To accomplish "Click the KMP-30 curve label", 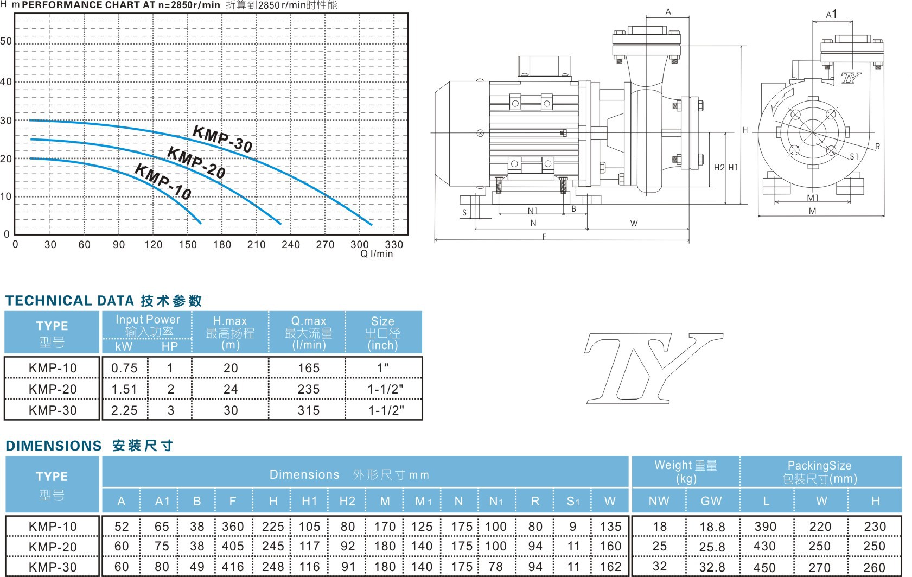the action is (222, 139).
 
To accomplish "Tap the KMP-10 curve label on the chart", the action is (163, 181).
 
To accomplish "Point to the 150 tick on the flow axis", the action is (188, 244).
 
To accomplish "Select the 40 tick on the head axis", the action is (6, 81).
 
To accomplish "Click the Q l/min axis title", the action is (377, 254).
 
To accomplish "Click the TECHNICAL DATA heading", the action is (69, 301).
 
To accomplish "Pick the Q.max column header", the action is (309, 333).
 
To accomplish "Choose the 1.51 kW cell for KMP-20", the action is (124, 389).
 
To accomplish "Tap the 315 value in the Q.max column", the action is (309, 410).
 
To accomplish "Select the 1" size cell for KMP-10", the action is (382, 368).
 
